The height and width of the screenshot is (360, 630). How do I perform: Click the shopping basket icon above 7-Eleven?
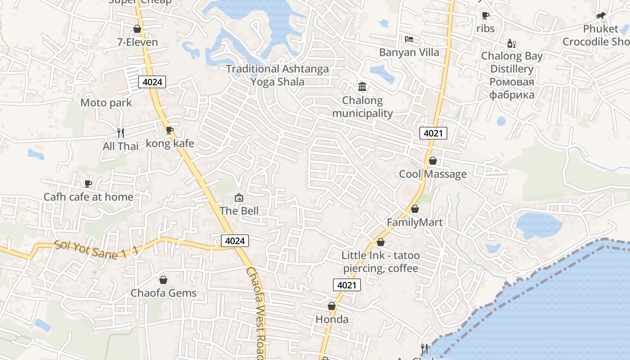click(x=137, y=29)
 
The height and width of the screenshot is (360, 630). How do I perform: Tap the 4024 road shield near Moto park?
click(x=152, y=82)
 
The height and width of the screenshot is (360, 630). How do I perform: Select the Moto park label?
click(x=106, y=103)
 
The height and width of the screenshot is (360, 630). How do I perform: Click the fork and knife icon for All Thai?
click(x=120, y=133)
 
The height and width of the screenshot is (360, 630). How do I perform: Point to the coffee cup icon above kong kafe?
click(x=170, y=130)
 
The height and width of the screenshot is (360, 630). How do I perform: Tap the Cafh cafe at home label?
click(x=88, y=197)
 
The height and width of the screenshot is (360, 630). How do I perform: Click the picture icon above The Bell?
click(x=239, y=198)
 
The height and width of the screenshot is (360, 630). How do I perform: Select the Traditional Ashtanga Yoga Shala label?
click(x=277, y=75)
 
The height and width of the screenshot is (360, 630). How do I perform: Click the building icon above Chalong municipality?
click(x=362, y=86)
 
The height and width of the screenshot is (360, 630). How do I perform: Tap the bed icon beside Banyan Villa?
click(x=409, y=39)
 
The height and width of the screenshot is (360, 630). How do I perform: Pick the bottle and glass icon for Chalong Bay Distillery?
click(x=511, y=43)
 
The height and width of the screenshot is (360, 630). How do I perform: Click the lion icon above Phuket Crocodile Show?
click(x=601, y=16)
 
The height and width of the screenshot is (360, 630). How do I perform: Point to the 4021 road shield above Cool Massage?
click(x=433, y=133)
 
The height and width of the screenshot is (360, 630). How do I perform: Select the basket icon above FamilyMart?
click(x=415, y=209)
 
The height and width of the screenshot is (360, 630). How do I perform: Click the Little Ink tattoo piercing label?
click(x=380, y=262)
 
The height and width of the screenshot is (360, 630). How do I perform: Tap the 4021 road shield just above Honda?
click(x=347, y=285)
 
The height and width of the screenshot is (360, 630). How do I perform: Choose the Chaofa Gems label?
click(x=163, y=293)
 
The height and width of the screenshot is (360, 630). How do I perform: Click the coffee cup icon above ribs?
click(x=486, y=16)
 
